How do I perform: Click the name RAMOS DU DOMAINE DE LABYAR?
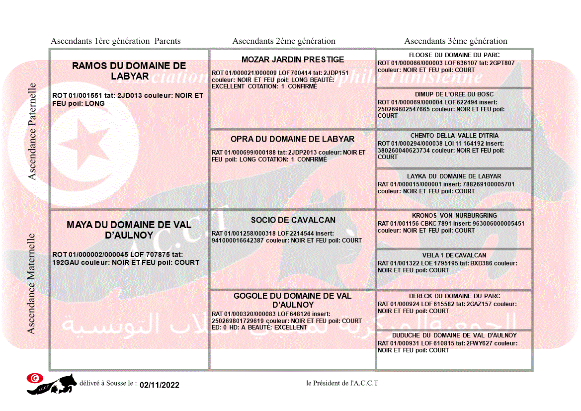129,71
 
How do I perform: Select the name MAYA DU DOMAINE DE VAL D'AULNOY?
129,230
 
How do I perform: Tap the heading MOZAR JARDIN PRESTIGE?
293,60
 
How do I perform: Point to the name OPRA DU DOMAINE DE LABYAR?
292,139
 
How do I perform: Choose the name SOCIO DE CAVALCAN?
293,220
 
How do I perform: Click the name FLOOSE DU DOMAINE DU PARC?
454,55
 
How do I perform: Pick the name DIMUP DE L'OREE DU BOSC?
454,94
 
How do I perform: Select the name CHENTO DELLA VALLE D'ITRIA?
454,136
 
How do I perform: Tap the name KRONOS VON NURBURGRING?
454,216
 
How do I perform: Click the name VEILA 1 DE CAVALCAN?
454,255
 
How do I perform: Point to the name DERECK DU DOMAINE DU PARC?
454,296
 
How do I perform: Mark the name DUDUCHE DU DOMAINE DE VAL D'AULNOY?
454,335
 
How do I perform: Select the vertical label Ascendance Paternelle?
32,131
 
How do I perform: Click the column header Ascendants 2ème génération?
284,41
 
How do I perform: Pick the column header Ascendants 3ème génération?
456,41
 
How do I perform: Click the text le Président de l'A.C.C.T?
342,383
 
